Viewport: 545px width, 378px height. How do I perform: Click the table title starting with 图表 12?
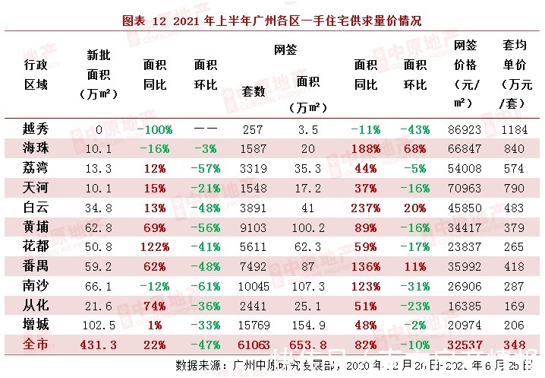(x=272, y=21)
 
